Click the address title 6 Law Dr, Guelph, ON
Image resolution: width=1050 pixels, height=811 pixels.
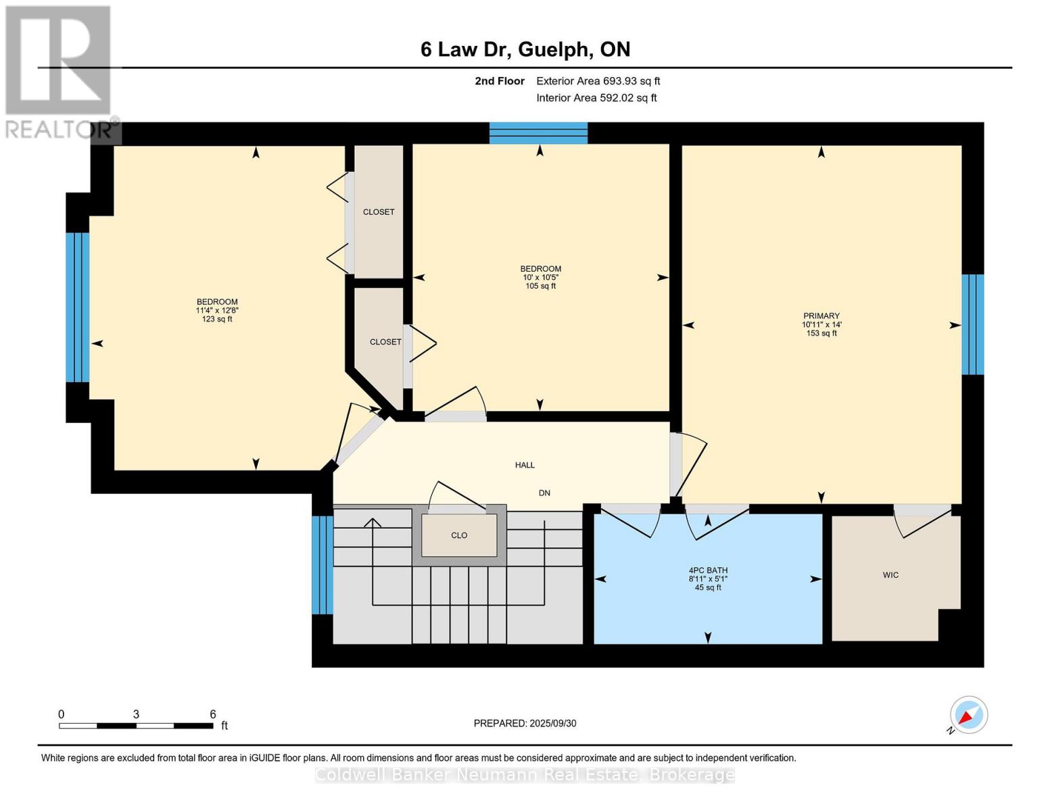(525, 49)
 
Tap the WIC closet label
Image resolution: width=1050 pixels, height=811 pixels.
(890, 575)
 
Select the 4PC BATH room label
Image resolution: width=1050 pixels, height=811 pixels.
(708, 570)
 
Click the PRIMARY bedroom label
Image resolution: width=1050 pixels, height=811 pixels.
(821, 316)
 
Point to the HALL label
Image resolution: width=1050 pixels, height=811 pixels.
(525, 465)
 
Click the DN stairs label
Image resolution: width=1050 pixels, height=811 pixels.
(544, 493)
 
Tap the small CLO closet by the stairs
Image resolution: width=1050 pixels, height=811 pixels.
(459, 535)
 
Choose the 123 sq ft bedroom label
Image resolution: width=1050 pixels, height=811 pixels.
(217, 319)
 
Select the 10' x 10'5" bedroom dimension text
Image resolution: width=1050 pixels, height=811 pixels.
(540, 277)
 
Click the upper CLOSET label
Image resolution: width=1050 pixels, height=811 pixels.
(379, 212)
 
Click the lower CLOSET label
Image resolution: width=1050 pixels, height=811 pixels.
(385, 342)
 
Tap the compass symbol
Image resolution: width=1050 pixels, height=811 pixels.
(968, 715)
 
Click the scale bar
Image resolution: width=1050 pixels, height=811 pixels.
(136, 726)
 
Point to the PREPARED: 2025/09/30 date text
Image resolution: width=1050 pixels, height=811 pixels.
(525, 723)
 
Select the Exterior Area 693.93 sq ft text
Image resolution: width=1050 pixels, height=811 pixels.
(598, 81)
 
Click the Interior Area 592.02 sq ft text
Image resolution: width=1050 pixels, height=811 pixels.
(596, 98)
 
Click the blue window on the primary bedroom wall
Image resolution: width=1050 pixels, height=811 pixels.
(973, 324)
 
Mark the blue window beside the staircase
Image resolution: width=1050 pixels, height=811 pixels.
(323, 565)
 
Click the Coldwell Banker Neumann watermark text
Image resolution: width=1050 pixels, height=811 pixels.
(525, 775)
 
